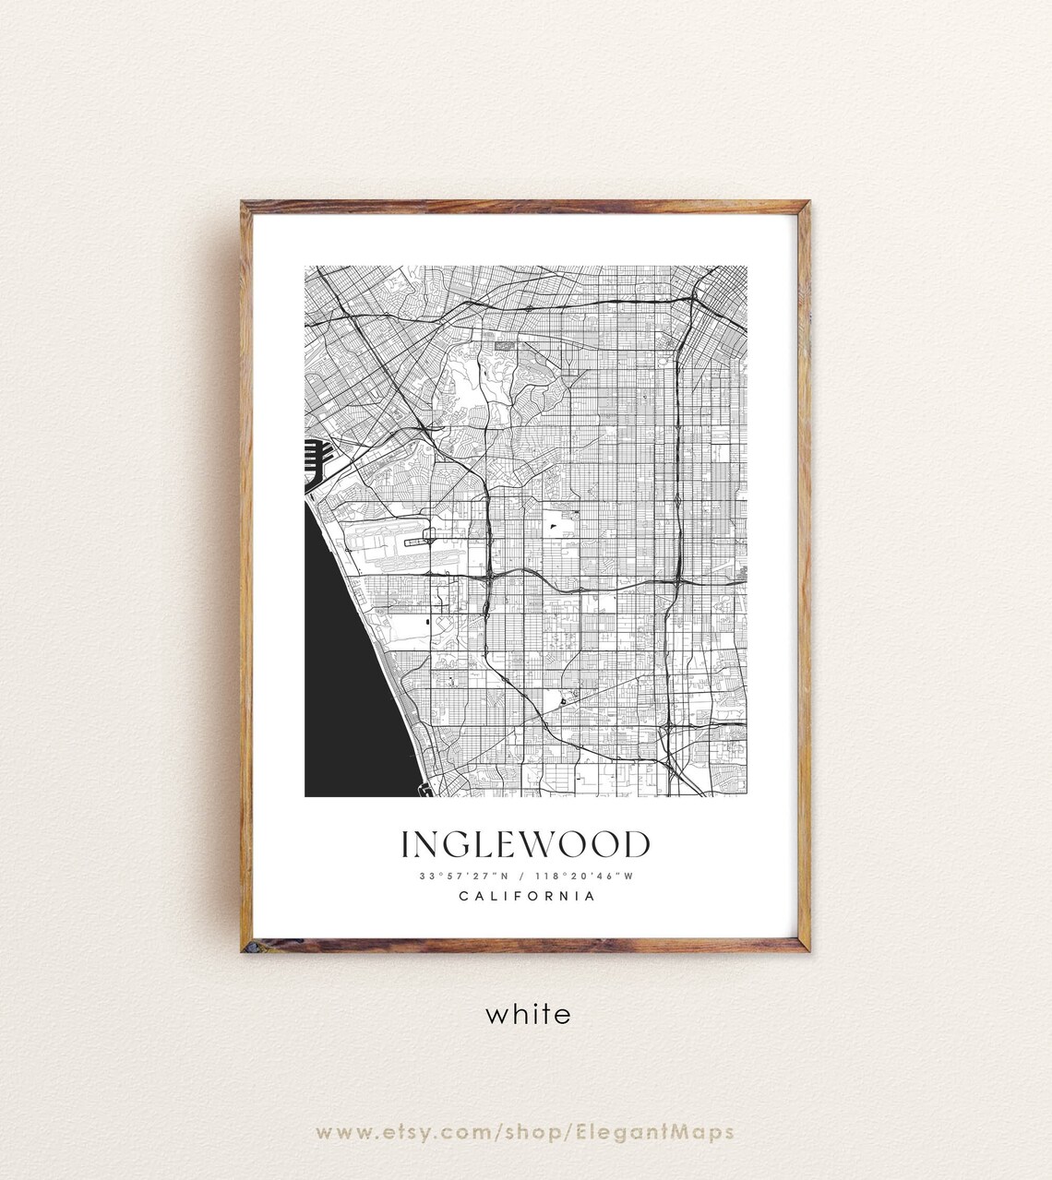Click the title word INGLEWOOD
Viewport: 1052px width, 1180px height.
coord(525,844)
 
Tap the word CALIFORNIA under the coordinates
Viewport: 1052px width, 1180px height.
coord(526,896)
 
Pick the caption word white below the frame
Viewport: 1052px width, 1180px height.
coord(528,1014)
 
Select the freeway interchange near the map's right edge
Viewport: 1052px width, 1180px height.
coord(678,581)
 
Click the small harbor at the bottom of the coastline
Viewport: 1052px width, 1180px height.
coord(424,789)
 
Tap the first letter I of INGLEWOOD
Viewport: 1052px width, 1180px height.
coord(405,844)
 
